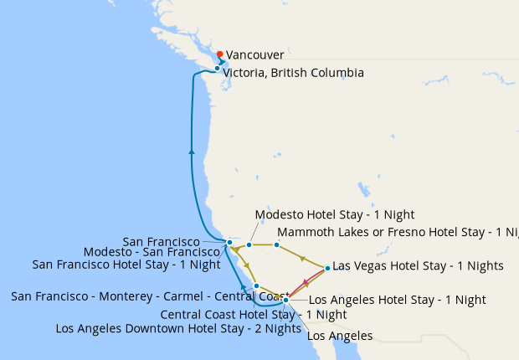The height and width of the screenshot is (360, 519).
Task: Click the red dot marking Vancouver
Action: (x=219, y=54)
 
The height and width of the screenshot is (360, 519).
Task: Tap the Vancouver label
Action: (x=254, y=54)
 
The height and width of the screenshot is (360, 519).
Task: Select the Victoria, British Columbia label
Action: (x=293, y=73)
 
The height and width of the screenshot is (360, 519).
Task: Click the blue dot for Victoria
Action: (x=217, y=69)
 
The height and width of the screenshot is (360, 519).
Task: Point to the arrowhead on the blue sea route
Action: (x=192, y=152)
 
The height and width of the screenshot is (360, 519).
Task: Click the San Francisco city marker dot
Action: (x=229, y=243)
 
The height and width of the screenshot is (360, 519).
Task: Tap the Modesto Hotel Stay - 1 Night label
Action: (x=334, y=215)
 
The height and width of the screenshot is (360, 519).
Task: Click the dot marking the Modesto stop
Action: (x=249, y=245)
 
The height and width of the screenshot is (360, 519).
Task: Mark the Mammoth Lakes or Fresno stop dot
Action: (x=276, y=244)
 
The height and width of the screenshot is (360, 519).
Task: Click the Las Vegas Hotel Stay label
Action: (x=418, y=266)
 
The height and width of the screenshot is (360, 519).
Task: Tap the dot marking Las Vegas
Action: (x=327, y=268)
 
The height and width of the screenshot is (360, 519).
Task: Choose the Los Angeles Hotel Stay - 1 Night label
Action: (x=398, y=299)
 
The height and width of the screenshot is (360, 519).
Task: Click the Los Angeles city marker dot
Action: (x=286, y=300)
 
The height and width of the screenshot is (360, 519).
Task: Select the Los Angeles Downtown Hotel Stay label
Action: (x=178, y=328)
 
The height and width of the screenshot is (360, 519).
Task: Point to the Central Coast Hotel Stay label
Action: (x=253, y=315)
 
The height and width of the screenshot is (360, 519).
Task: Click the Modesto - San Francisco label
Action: (x=152, y=252)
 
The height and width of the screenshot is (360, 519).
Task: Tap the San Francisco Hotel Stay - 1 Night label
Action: (x=126, y=265)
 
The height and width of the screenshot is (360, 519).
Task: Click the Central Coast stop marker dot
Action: (x=256, y=285)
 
